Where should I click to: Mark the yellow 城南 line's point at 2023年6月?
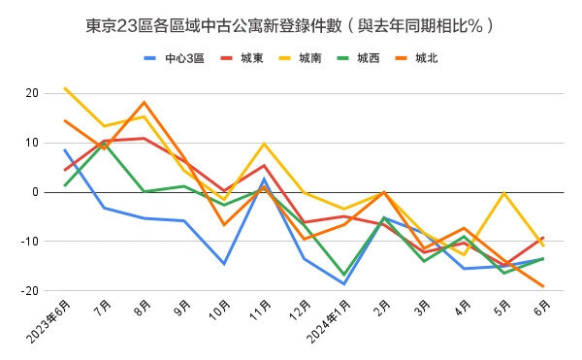65,88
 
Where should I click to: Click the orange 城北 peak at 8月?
144,102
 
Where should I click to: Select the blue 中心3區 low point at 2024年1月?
343,283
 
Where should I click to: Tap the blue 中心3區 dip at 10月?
224,264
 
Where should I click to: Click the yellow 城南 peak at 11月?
264,144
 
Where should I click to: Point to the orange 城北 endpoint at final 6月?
542,286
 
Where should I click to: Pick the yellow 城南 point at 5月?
502,193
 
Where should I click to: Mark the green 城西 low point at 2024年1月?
343,275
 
